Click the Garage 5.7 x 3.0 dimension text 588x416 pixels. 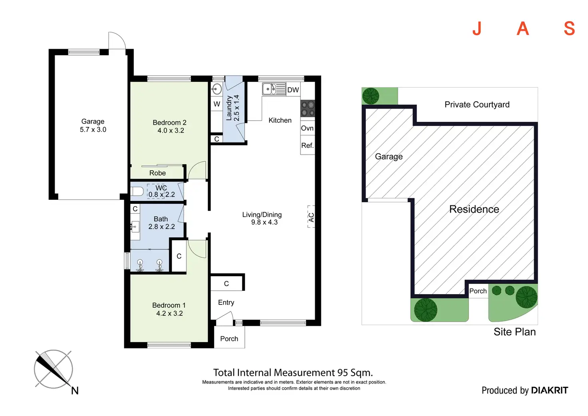(x=93, y=129)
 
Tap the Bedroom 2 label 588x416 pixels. (x=169, y=123)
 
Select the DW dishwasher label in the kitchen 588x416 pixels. (x=293, y=90)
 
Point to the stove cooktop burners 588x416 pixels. (x=308, y=108)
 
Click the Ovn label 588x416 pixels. (x=307, y=128)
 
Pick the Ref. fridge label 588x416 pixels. (x=307, y=145)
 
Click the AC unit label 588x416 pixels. (x=311, y=217)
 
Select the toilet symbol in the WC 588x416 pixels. (x=137, y=191)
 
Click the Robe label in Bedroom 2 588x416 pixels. (x=157, y=173)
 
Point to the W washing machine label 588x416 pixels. (x=217, y=104)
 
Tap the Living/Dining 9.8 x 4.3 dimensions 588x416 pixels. (x=264, y=222)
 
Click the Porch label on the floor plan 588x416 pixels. (x=229, y=339)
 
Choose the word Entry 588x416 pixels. (x=226, y=303)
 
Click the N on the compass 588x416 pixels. (x=75, y=391)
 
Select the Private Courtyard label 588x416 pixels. (x=477, y=105)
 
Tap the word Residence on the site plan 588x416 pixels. (x=474, y=209)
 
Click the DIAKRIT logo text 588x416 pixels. (x=549, y=390)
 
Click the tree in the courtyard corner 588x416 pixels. (x=371, y=96)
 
